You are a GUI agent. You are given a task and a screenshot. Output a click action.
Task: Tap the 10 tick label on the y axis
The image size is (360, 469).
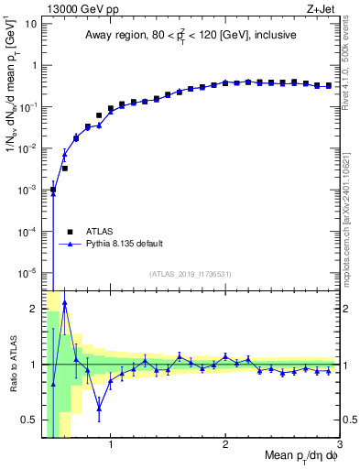point(27,24)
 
